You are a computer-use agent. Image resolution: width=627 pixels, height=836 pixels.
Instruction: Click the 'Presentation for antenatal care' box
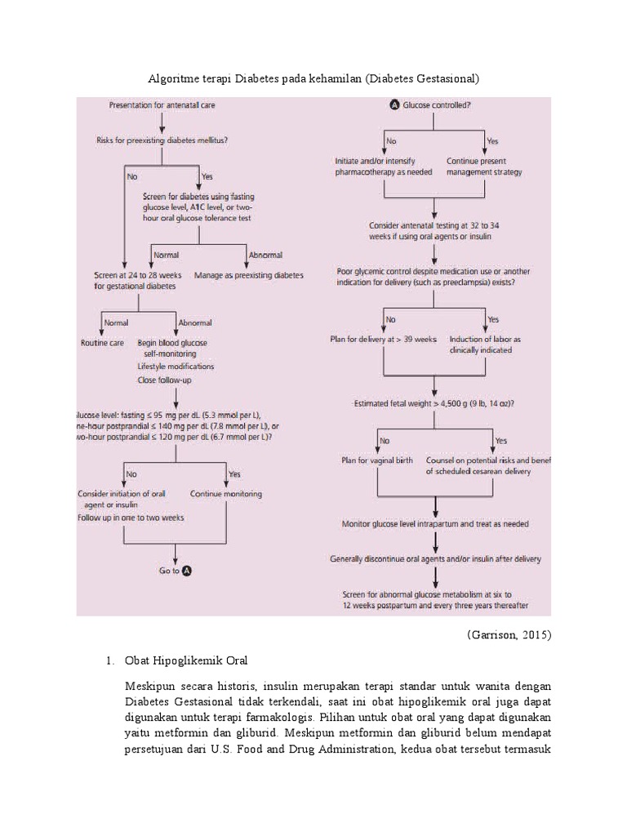coord(162,105)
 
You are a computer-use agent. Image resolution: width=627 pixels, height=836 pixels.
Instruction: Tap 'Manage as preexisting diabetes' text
coord(248,275)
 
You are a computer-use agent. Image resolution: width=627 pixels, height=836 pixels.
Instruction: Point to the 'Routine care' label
coord(102,343)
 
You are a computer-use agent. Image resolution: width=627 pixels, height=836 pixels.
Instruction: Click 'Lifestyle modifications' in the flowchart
coord(176,367)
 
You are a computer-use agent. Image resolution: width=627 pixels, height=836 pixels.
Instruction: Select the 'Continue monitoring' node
coord(225,494)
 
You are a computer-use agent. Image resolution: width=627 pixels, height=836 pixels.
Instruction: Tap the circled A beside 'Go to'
coord(186,571)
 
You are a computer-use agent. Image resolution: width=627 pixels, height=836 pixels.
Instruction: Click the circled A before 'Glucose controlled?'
coord(395,105)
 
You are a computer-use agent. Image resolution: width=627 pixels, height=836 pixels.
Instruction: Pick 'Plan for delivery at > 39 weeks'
coord(383,339)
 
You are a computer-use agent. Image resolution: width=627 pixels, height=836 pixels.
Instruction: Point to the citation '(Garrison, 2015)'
coord(509,635)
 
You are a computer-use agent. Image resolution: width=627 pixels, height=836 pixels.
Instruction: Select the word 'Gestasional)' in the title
coord(446,79)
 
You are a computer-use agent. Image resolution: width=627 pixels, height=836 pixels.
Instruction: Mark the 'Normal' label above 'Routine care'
coord(116,322)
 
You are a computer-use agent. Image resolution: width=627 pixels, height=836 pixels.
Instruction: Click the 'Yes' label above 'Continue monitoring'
coord(234,474)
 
